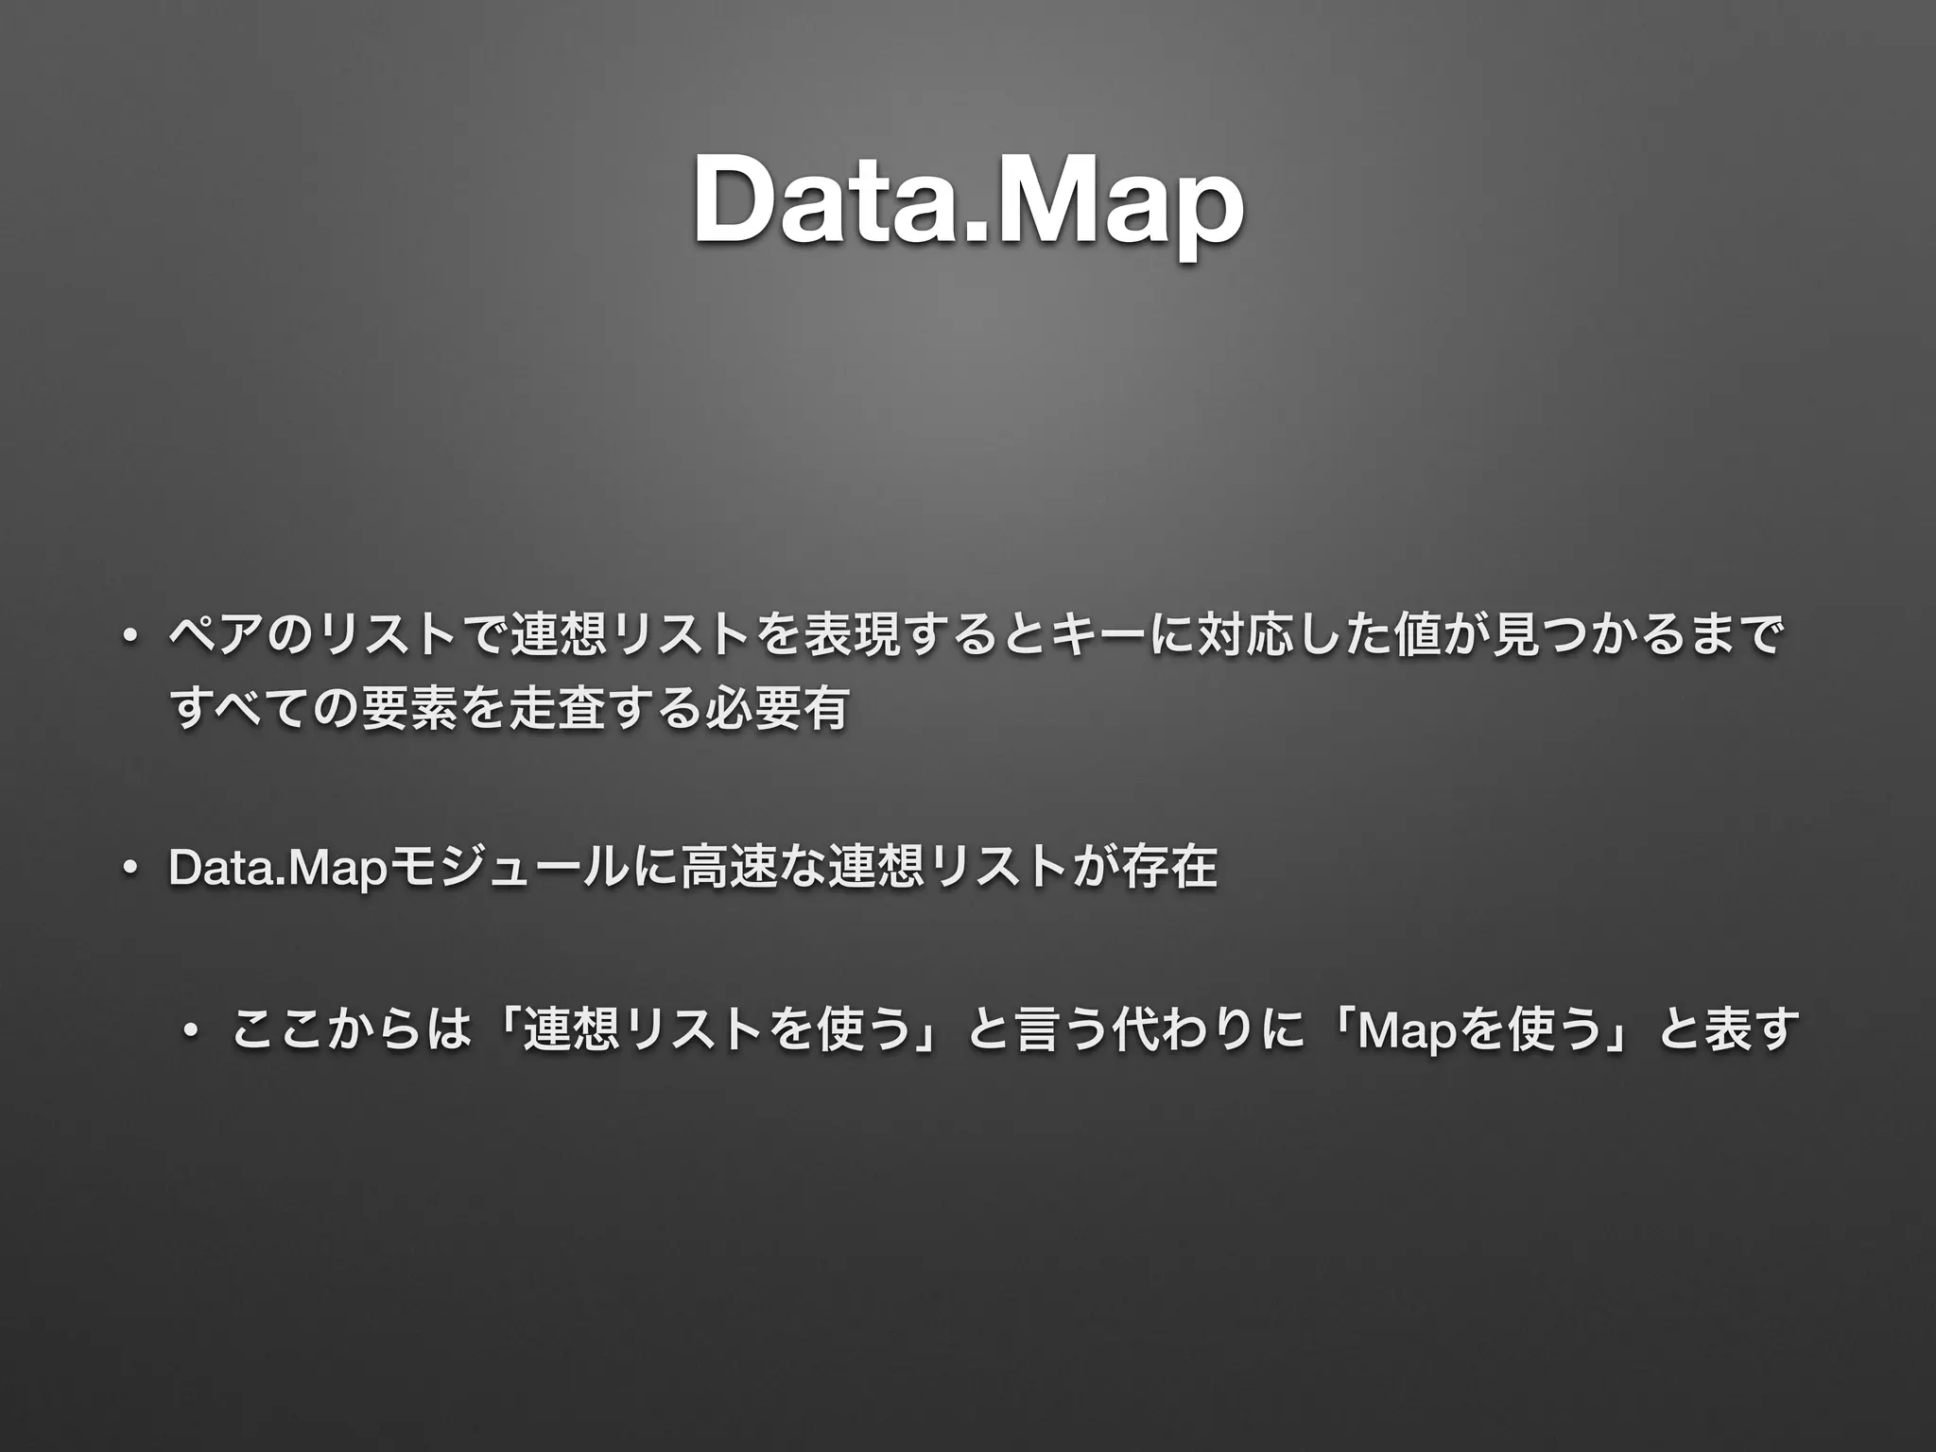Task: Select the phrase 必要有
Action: click(x=775, y=709)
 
